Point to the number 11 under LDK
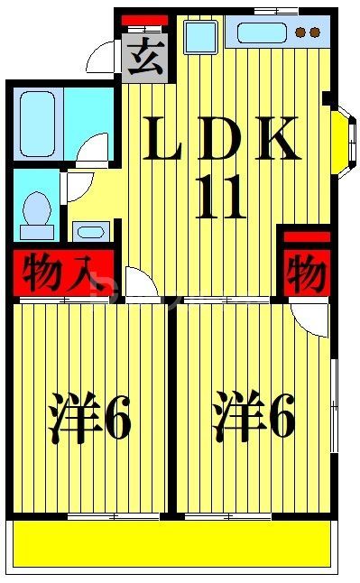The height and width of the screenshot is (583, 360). click(x=219, y=199)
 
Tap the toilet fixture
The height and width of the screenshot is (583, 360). click(x=37, y=212)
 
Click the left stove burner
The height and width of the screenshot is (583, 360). click(x=300, y=33)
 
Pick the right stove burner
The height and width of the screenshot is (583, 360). click(x=315, y=33)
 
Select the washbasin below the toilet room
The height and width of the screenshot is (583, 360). click(x=91, y=231)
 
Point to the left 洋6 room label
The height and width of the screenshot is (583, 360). click(x=90, y=416)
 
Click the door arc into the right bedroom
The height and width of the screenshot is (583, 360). click(x=312, y=318)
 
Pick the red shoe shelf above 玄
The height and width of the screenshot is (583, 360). click(x=144, y=20)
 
